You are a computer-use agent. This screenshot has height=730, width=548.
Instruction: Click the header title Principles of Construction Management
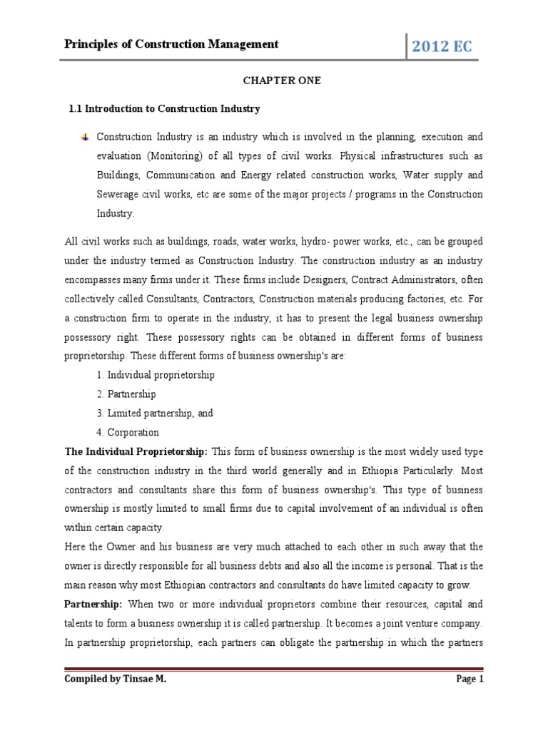(171, 44)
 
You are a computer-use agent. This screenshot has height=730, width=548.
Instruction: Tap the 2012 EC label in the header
(441, 47)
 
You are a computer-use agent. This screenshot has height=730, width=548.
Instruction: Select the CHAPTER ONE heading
(274, 81)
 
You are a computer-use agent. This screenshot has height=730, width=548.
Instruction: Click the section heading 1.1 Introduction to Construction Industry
(164, 109)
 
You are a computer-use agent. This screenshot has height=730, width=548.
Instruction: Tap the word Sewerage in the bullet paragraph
(119, 194)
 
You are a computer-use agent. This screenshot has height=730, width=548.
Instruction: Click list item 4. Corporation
(127, 432)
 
